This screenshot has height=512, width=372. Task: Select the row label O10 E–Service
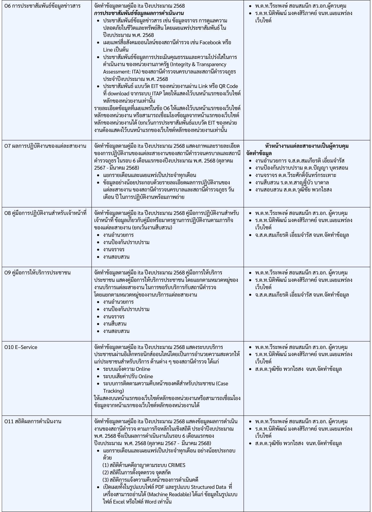coord(21,347)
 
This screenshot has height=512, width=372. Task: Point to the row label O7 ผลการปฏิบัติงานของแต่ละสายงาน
coord(45,146)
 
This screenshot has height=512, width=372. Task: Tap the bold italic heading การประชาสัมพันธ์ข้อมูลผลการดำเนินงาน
coord(139,13)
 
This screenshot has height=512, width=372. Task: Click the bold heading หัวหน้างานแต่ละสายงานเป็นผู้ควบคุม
coord(307,146)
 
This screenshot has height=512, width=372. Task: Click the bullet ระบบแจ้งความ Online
coord(127,369)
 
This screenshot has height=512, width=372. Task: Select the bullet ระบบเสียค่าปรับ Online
coord(128,376)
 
